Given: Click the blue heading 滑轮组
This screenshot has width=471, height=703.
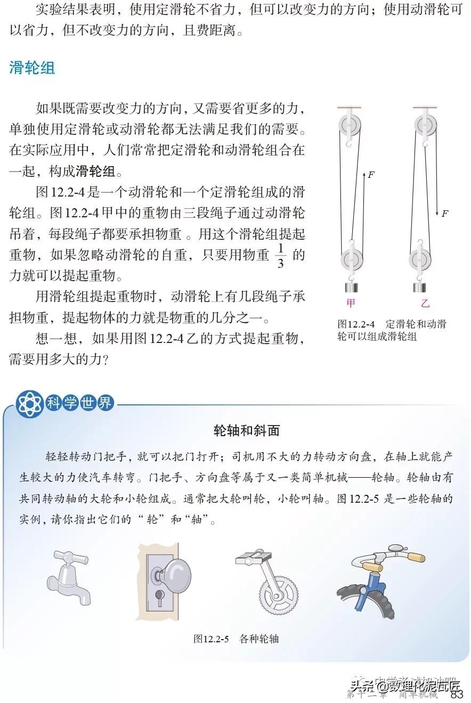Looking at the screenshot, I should tap(33, 69).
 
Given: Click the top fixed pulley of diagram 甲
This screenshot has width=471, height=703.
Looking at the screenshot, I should tap(349, 126).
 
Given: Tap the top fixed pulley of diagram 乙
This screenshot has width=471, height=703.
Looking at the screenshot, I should tap(425, 126).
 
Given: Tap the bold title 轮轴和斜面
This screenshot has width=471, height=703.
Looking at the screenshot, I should tap(246, 430).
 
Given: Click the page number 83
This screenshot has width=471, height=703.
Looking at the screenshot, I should tap(457, 694).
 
